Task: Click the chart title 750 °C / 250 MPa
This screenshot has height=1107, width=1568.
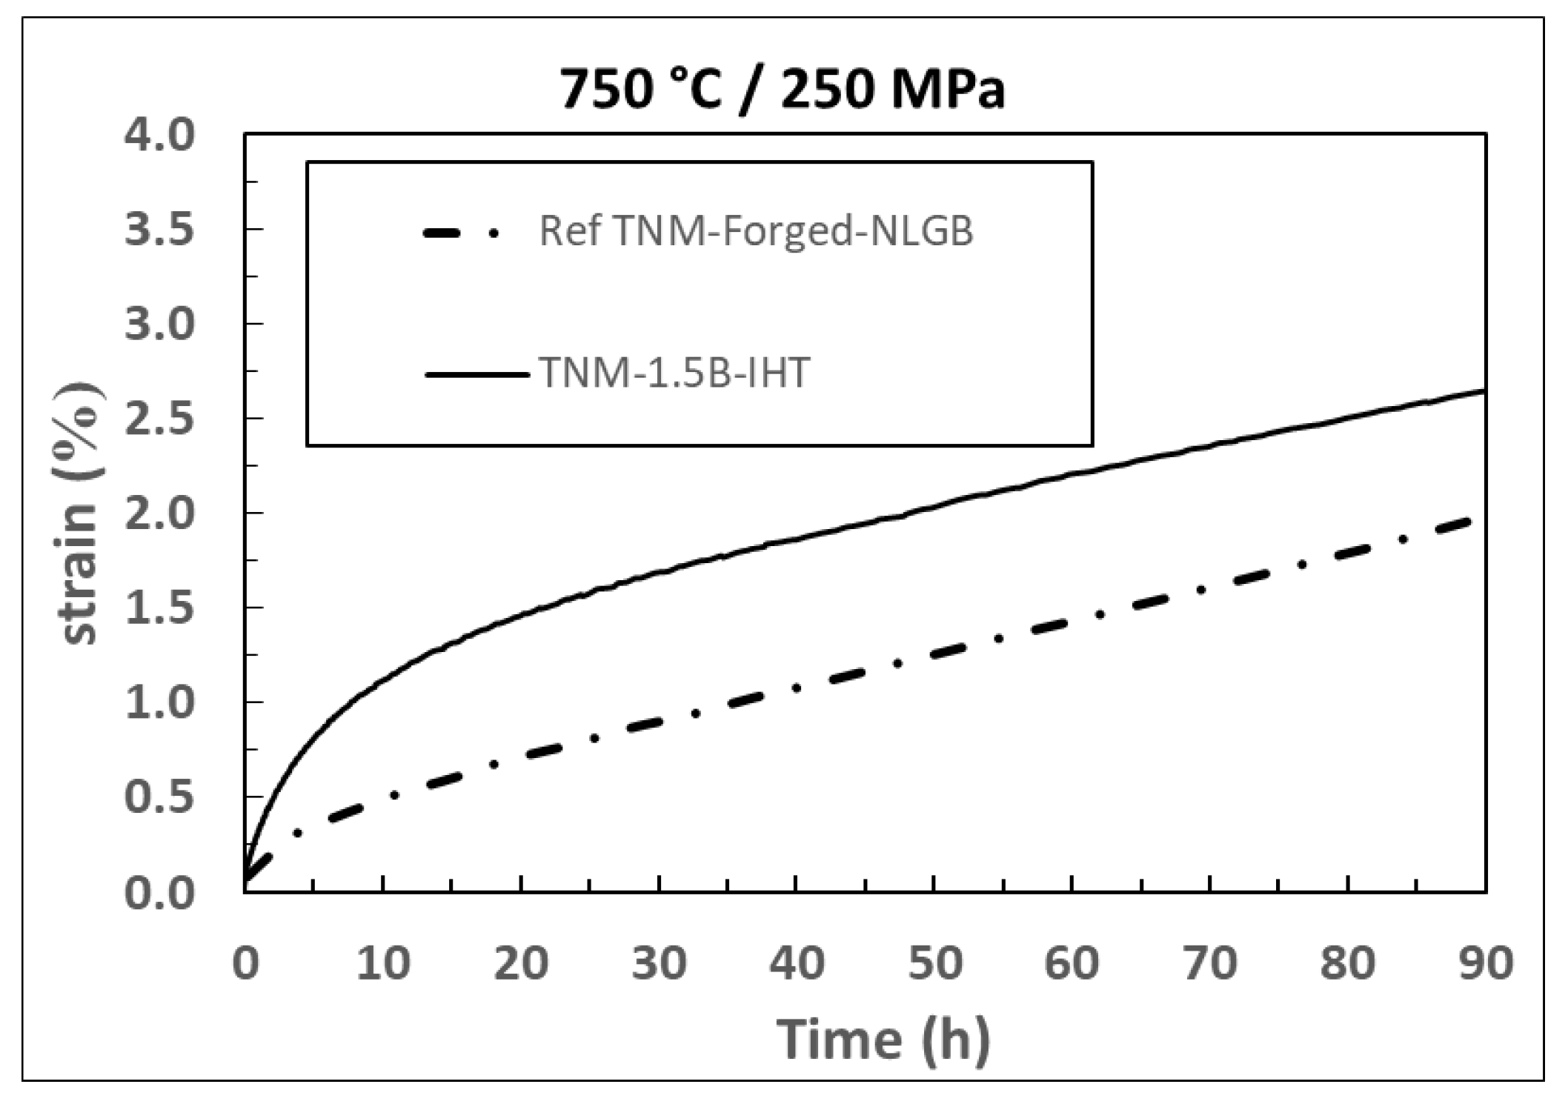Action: click(782, 90)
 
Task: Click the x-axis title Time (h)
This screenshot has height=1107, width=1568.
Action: click(883, 1040)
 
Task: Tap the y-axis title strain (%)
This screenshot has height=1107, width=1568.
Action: click(80, 513)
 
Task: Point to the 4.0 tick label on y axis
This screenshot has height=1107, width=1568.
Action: click(159, 135)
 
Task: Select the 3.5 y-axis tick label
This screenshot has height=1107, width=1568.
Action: click(159, 229)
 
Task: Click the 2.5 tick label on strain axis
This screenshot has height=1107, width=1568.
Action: click(159, 419)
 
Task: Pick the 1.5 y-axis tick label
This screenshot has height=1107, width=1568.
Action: click(159, 608)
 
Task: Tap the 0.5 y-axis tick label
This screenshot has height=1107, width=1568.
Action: click(159, 797)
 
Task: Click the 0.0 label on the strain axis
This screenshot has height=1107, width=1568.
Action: click(159, 892)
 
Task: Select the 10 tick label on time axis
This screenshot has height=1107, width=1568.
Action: click(383, 963)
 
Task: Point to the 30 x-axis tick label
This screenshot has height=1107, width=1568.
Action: click(659, 963)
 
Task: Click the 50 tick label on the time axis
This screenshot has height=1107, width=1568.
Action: click(934, 963)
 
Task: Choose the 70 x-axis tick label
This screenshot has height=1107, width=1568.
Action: click(1210, 963)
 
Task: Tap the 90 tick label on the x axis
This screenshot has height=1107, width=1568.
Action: click(1485, 963)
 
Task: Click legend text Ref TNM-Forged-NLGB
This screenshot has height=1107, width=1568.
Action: click(756, 231)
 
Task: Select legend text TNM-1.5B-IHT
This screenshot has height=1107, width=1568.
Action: click(674, 372)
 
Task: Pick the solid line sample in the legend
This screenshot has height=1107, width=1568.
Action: click(476, 374)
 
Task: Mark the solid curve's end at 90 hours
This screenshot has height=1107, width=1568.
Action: click(1484, 390)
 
